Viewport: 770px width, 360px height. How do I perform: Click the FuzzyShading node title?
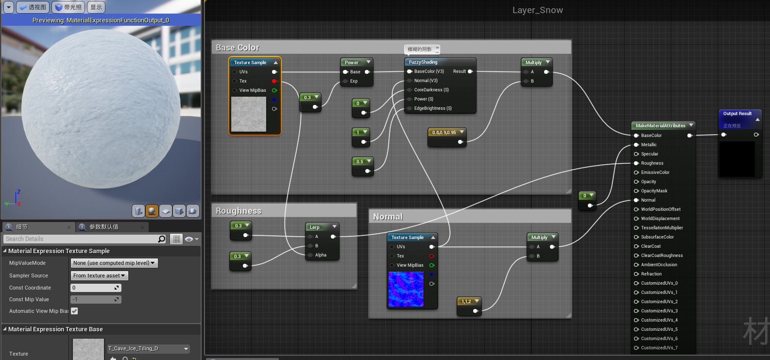pos(423,62)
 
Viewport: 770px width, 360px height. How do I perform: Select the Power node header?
pos(352,63)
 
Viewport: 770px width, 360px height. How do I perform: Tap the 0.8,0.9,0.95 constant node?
pos(444,133)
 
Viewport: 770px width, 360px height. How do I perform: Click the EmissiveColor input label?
pos(655,172)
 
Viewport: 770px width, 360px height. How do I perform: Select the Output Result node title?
pos(737,114)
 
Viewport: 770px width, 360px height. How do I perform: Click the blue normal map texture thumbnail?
pos(406,289)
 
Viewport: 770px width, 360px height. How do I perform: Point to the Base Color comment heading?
pos(238,48)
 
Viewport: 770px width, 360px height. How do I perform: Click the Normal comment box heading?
pos(388,217)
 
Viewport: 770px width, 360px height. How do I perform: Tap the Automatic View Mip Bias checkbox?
pos(74,311)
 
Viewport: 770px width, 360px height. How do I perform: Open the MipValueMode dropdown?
pos(114,263)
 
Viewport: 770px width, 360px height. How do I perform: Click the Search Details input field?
pos(80,239)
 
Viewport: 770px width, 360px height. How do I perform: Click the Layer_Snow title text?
pos(537,10)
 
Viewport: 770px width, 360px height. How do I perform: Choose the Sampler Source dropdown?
pos(100,275)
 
